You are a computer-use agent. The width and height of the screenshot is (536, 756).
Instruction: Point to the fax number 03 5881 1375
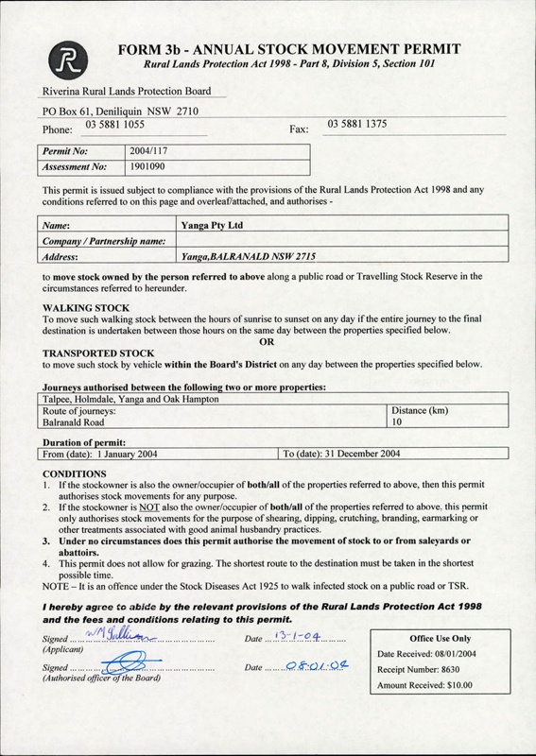click(356, 124)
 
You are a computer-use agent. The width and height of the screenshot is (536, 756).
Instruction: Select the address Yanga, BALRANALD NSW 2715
click(239, 256)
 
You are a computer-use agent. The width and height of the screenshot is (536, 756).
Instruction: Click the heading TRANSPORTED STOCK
click(95, 354)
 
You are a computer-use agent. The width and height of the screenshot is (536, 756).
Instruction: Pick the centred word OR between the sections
click(268, 342)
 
